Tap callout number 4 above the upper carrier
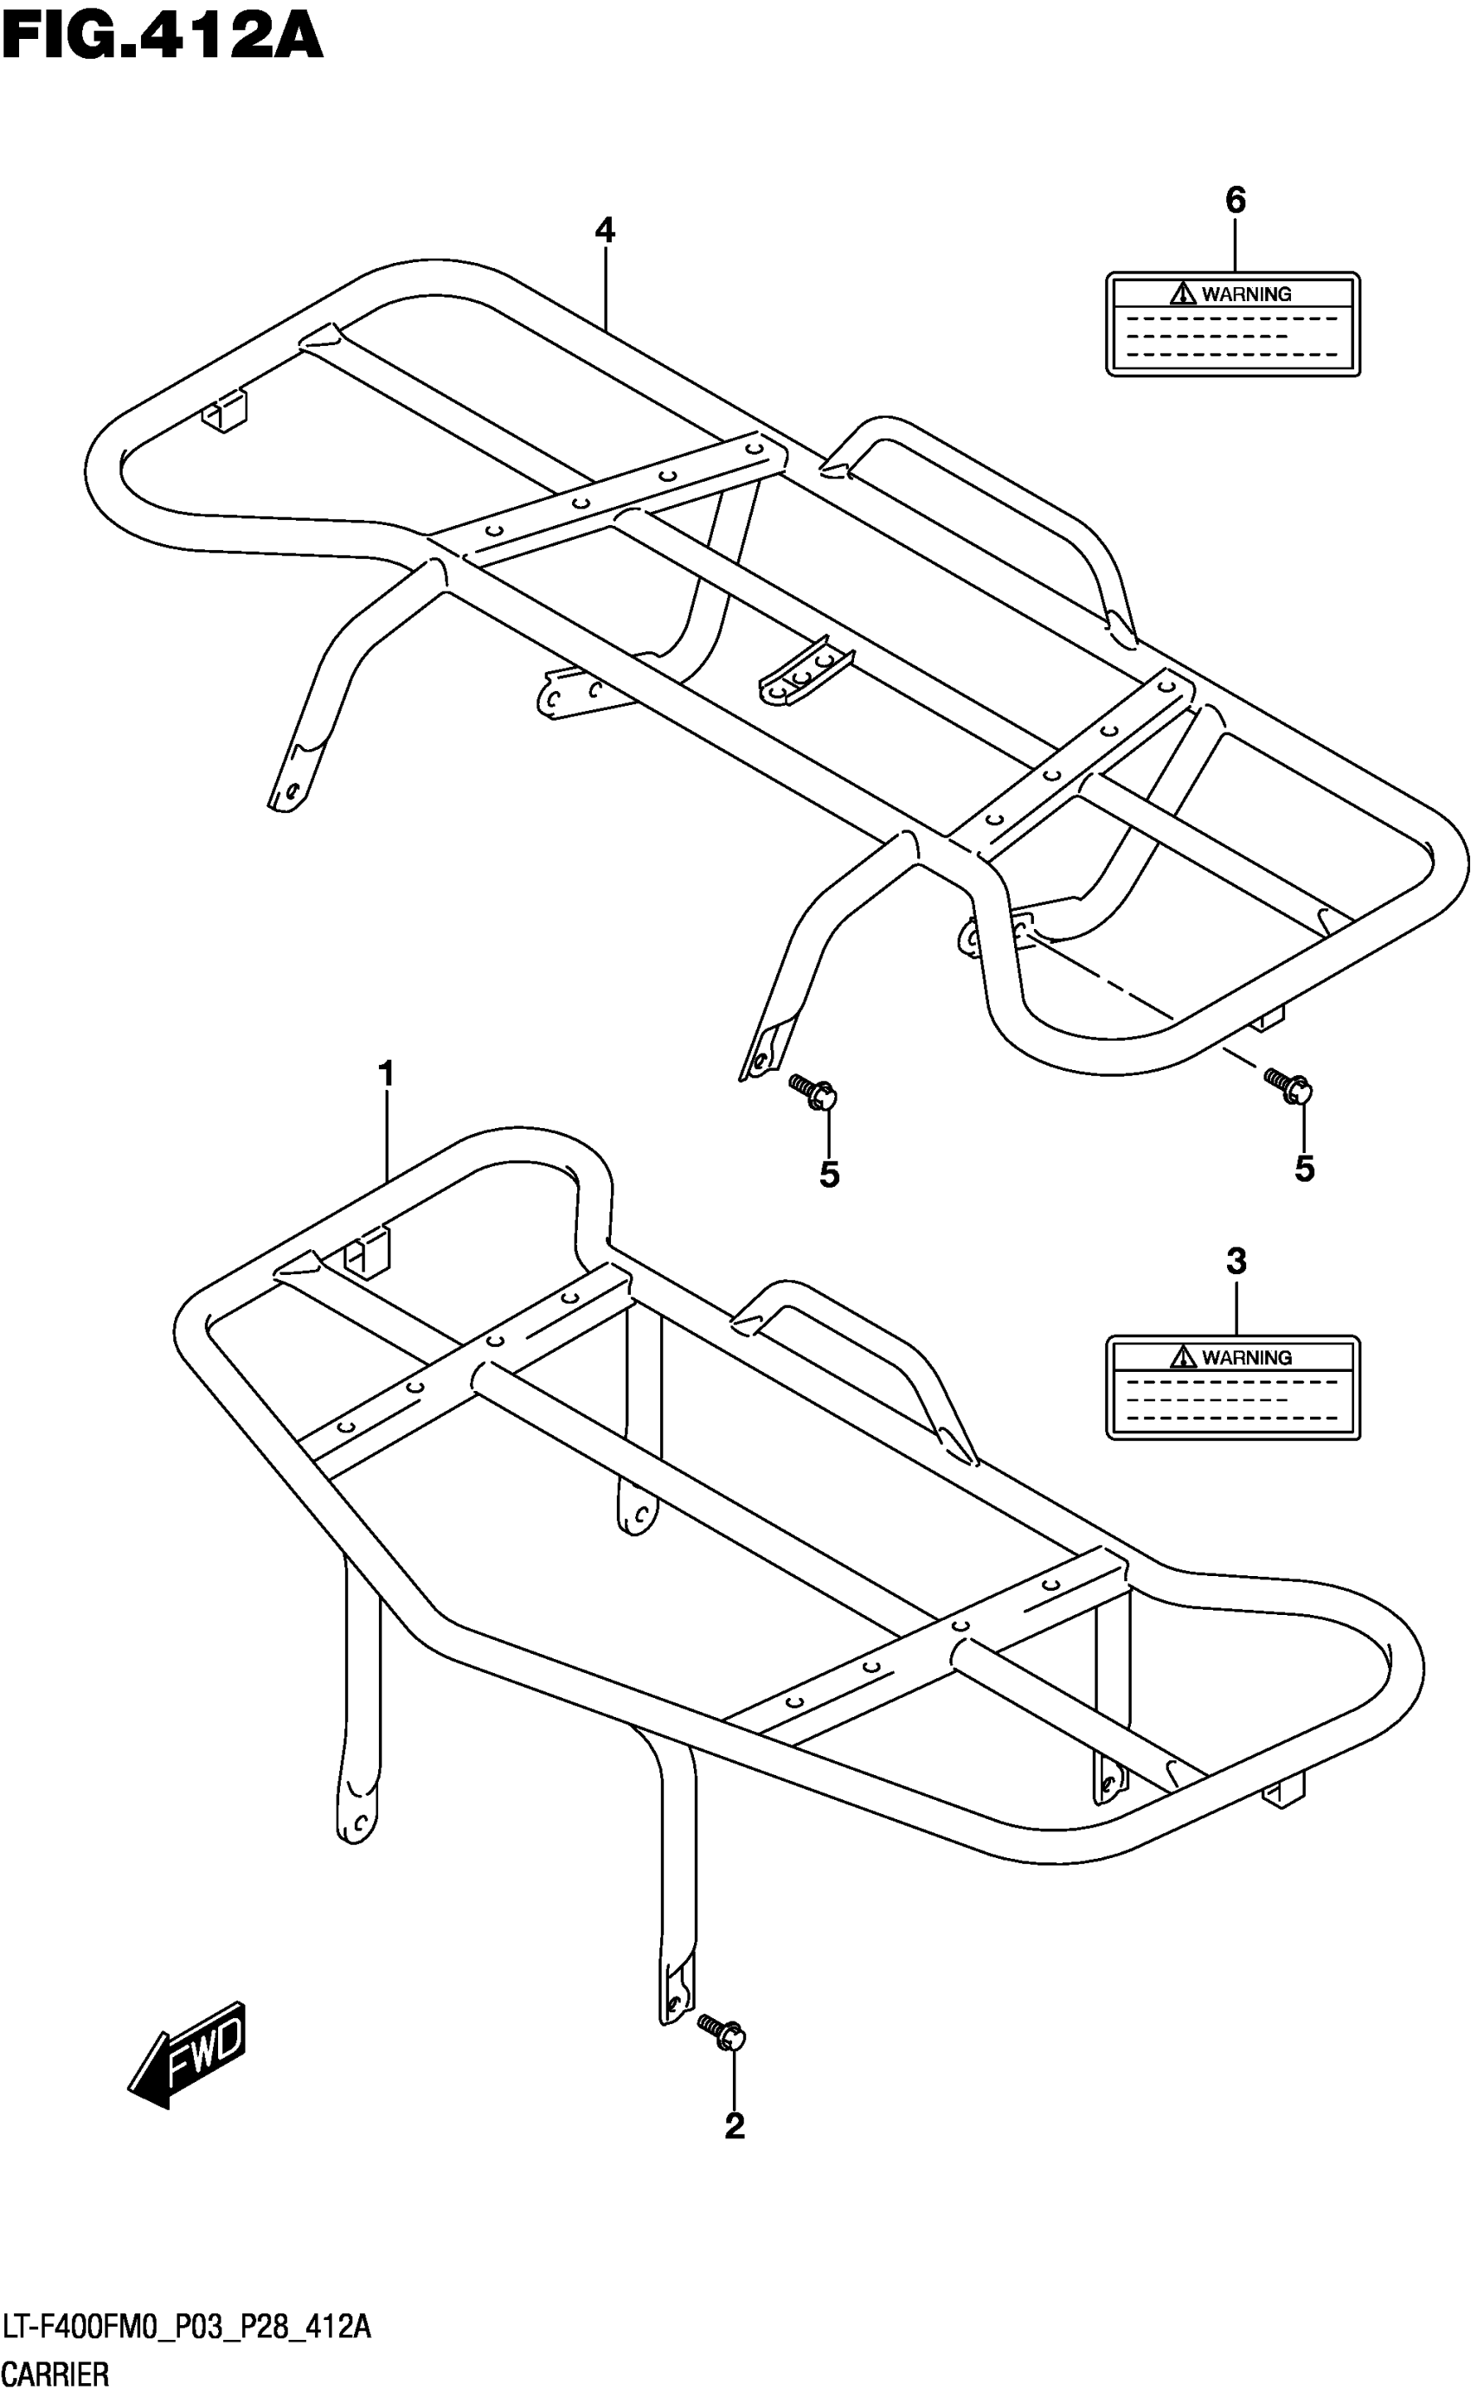[x=605, y=230]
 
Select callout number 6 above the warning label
[x=1235, y=200]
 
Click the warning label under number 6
[x=1232, y=324]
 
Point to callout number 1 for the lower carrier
[x=386, y=1073]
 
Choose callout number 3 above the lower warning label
[x=1236, y=1261]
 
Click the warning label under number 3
[x=1232, y=1387]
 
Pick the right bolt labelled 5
[x=1288, y=1085]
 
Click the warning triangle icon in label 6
[x=1183, y=292]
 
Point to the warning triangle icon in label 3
[x=1183, y=1355]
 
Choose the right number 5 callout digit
[x=1304, y=1169]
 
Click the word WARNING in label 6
[x=1247, y=293]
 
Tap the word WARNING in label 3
[x=1247, y=1356]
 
